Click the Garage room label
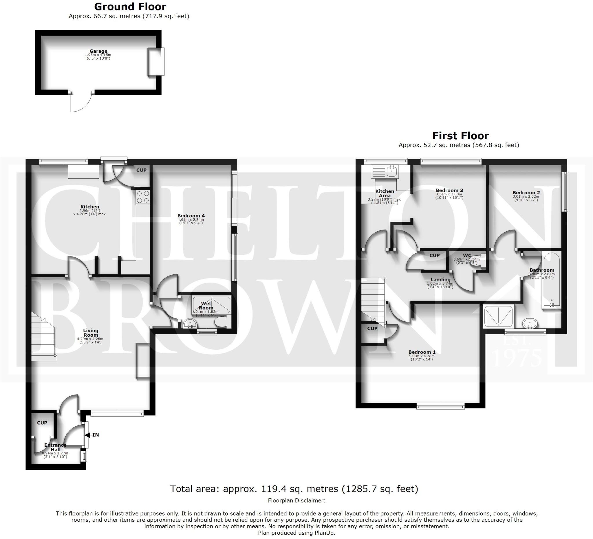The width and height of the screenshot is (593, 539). pos(98,51)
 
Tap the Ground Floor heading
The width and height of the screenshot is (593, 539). pos(130,6)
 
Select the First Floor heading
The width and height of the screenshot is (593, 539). pos(460,135)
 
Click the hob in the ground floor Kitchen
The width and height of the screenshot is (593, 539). pos(143,197)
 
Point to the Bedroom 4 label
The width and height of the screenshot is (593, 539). pos(191,216)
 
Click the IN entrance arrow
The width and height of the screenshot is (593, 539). pos(94,434)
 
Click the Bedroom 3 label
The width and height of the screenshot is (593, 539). pos(449,190)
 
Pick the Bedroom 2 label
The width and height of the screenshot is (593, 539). pos(526,192)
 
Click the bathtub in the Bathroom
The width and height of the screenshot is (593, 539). pos(552,279)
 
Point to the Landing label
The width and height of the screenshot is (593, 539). pos(440,279)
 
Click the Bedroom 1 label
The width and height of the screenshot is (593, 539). pos(422,352)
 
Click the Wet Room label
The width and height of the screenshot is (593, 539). pos(206,305)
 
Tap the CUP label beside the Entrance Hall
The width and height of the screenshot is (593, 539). pos(42,423)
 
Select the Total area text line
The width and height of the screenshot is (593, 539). pos(294,488)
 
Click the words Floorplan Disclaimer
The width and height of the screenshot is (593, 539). pos(296,500)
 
